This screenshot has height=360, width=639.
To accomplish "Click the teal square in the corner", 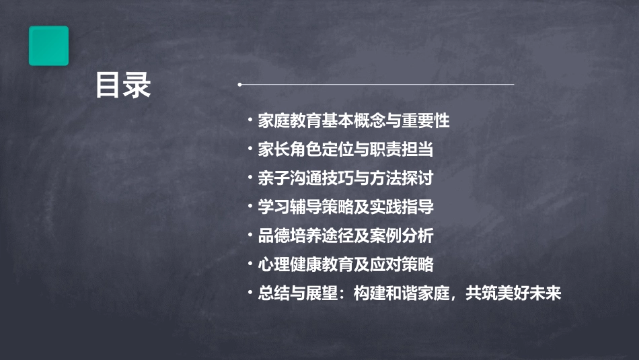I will coord(48,46).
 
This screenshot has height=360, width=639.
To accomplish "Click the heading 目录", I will coord(123,85).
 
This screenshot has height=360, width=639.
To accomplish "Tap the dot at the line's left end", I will coord(240,85).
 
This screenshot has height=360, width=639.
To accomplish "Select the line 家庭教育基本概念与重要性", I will coord(353,121).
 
